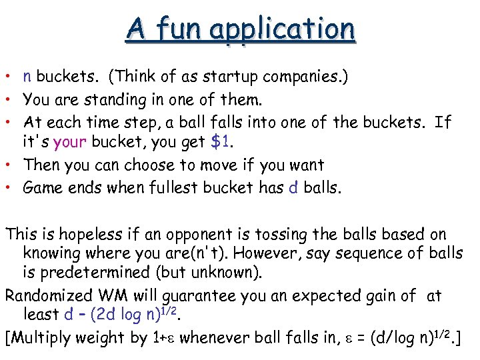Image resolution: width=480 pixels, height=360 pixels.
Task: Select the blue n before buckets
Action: tap(27, 77)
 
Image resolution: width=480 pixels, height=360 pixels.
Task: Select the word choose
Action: tap(147, 165)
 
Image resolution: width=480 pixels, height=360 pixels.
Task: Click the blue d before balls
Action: tap(293, 187)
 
